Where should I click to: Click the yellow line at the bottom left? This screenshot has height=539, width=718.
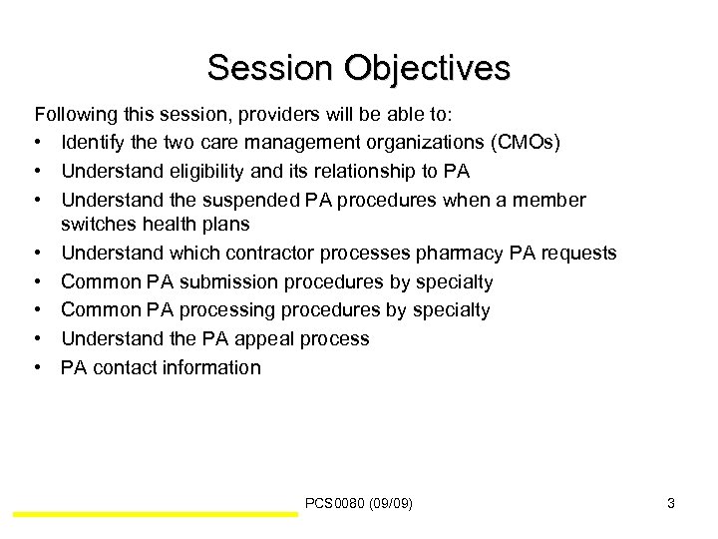(156, 514)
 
